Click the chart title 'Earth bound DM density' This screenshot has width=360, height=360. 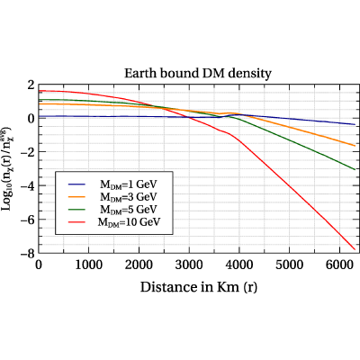(x=198, y=73)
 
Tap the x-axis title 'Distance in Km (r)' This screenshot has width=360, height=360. (x=199, y=287)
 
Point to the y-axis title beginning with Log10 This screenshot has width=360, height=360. (x=6, y=168)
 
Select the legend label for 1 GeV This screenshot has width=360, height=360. (x=129, y=184)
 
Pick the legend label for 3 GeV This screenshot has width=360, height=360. (x=129, y=197)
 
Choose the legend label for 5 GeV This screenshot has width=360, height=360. (x=129, y=209)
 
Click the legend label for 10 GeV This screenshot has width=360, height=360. (x=129, y=222)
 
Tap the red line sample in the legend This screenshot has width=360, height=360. (x=76, y=221)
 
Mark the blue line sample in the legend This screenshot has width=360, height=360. (x=76, y=184)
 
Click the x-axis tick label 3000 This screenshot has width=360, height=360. (x=189, y=265)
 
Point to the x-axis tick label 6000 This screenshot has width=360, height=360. (x=339, y=265)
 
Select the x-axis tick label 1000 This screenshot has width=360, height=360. (x=88, y=265)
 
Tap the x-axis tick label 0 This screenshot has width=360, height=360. (x=39, y=265)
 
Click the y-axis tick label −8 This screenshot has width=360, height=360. (x=28, y=253)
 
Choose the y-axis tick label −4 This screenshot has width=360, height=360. (x=28, y=185)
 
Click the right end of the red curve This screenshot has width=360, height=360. (x=355, y=249)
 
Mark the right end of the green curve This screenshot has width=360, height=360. (x=355, y=169)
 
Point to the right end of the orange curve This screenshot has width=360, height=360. (x=355, y=146)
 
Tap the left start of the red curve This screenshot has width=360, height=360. (x=39, y=91)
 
